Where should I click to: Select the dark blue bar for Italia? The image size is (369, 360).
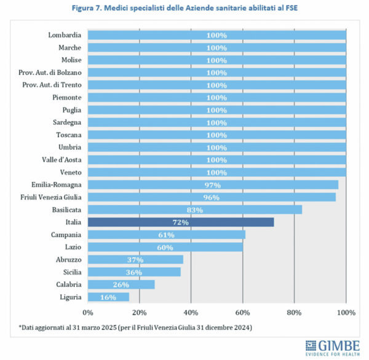(x=180, y=222)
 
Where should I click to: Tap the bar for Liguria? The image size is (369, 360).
(x=108, y=297)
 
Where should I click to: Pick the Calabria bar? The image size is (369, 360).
(x=121, y=284)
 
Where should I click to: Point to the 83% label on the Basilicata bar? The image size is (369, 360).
(x=194, y=209)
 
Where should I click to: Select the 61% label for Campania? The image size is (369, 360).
(x=167, y=235)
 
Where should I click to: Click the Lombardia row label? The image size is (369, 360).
(x=65, y=35)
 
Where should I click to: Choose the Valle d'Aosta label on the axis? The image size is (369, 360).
(x=61, y=160)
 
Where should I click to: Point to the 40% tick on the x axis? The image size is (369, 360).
(x=191, y=313)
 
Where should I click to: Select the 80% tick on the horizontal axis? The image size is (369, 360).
(x=295, y=313)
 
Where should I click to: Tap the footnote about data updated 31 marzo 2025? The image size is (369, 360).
(x=134, y=327)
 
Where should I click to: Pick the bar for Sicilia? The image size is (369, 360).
(x=134, y=272)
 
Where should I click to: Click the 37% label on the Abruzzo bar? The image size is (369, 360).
(x=135, y=259)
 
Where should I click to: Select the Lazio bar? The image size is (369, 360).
(x=165, y=247)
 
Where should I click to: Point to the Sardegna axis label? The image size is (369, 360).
(x=66, y=122)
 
